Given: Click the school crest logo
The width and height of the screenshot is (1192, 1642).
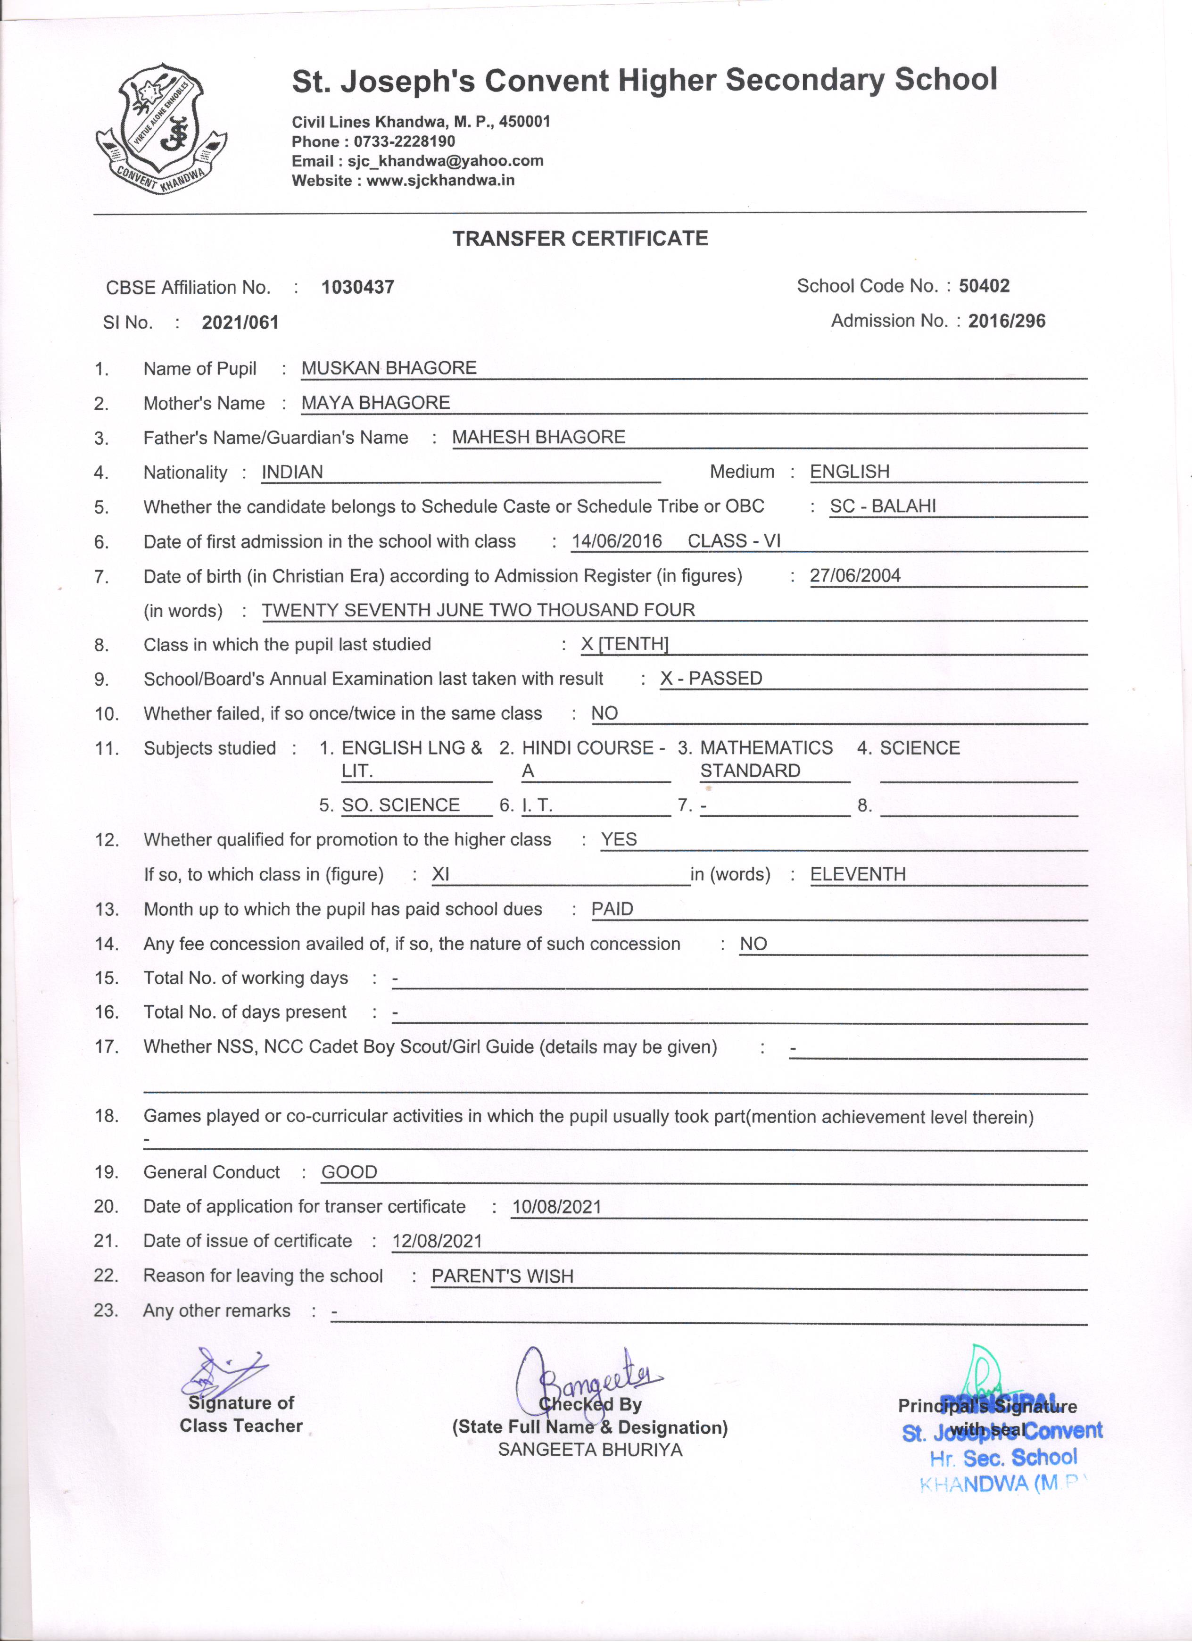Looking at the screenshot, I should point(161,128).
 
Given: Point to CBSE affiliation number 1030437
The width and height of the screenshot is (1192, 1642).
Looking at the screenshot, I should point(357,288).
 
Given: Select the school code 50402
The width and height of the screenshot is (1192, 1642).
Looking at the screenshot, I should point(984,286).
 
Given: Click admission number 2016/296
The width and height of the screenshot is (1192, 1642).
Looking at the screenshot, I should point(1006,321).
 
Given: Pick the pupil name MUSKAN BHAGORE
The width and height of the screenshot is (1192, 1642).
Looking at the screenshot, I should point(389,368).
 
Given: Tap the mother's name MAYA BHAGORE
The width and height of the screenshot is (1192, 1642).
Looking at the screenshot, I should point(376,403).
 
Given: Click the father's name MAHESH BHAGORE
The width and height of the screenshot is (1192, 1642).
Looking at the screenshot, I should point(538,437).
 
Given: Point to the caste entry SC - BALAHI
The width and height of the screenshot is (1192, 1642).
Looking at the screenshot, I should point(882,506).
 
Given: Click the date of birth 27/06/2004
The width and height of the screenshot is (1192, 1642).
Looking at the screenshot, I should point(855,576).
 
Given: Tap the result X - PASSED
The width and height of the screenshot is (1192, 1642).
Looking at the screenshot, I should point(711,679).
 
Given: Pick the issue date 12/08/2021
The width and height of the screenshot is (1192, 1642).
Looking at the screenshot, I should point(437,1241).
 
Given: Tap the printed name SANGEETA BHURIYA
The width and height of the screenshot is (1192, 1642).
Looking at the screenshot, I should point(590,1450).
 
